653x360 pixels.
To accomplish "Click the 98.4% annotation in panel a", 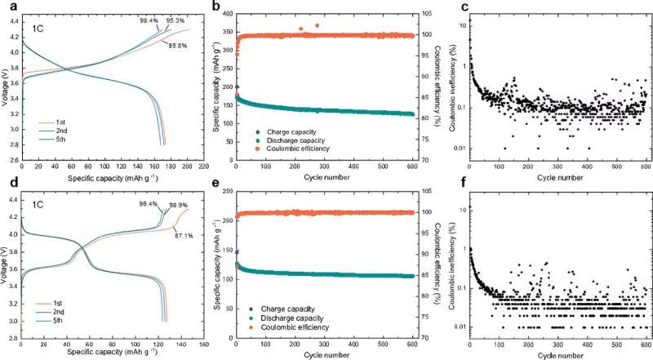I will pyautogui.click(x=149, y=19).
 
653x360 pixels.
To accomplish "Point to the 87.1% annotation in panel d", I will pyautogui.click(x=179, y=235).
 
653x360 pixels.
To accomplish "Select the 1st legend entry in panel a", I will pyautogui.click(x=59, y=122).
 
